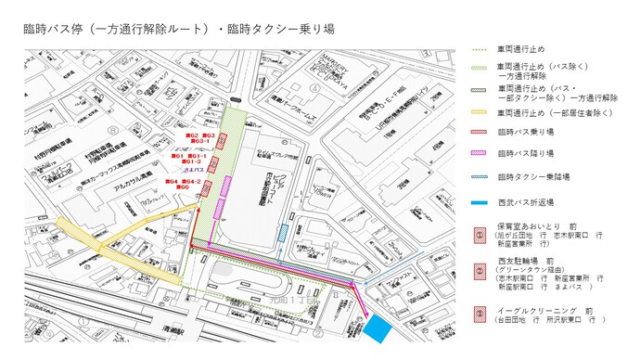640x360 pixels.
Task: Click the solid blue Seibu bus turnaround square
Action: [378, 327]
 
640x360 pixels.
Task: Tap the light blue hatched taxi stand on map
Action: [283, 232]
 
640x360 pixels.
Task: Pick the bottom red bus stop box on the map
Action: [207, 190]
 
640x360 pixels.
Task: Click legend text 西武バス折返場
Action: [524, 199]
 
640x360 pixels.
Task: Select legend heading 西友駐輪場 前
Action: [525, 262]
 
